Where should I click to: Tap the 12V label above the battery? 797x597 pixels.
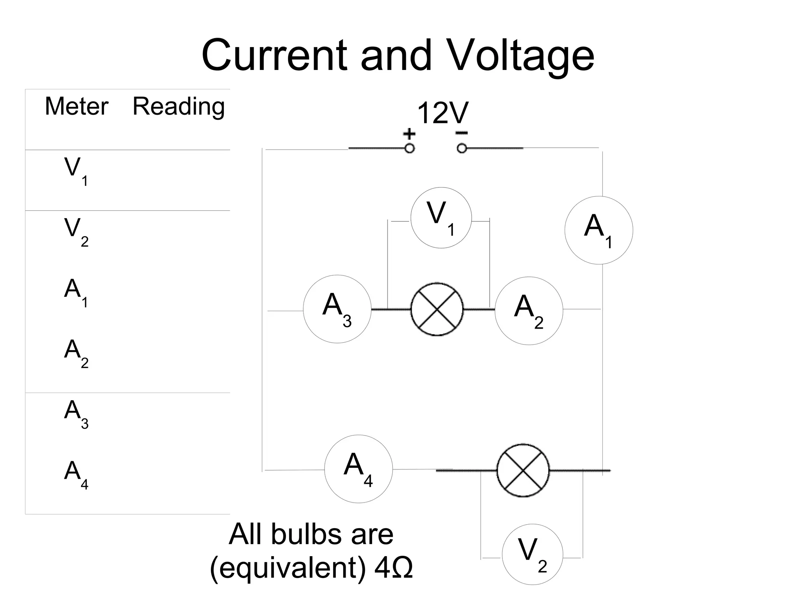click(x=442, y=113)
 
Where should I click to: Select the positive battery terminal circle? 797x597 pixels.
click(x=409, y=148)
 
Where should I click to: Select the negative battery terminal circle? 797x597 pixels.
click(x=462, y=148)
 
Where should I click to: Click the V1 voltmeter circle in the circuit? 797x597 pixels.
click(x=441, y=218)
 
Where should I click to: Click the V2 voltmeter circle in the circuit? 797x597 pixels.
click(x=532, y=554)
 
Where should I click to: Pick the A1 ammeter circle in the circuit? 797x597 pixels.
click(x=599, y=230)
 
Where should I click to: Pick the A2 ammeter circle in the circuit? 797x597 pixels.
click(x=528, y=311)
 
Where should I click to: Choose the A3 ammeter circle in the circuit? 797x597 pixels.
click(x=337, y=309)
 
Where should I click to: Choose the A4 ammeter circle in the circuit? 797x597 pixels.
click(x=358, y=469)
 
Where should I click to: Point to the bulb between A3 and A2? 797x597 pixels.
click(x=437, y=309)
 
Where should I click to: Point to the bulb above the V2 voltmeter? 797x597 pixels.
click(x=523, y=470)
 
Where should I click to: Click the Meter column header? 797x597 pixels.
click(x=76, y=106)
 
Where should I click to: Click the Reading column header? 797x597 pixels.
click(x=179, y=106)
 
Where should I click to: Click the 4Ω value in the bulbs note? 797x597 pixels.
click(x=393, y=568)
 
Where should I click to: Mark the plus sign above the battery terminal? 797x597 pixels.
click(x=409, y=134)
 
